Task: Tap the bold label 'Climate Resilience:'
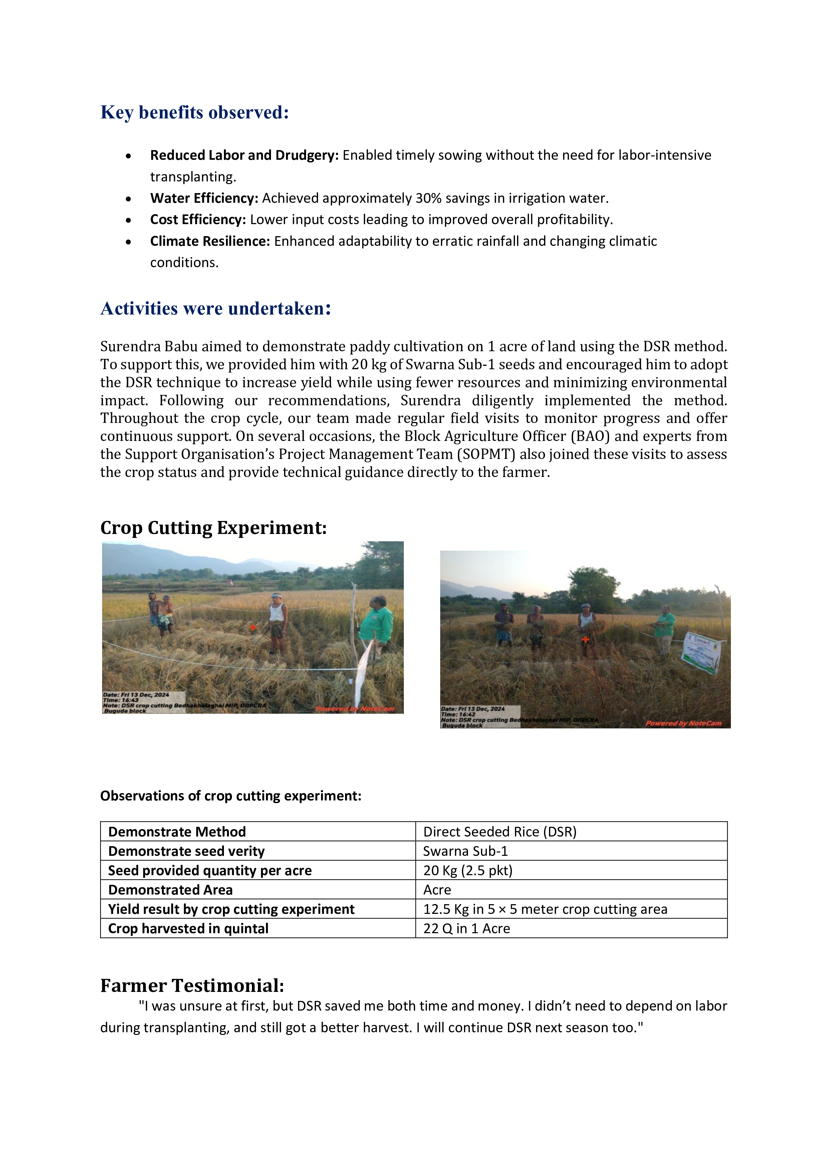210,241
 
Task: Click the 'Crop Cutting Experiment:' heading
213,528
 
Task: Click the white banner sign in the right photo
704,652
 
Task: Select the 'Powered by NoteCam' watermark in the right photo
683,723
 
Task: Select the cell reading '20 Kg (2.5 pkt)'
468,871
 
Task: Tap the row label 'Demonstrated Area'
170,890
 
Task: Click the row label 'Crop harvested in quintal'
188,929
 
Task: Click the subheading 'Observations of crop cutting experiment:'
231,796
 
